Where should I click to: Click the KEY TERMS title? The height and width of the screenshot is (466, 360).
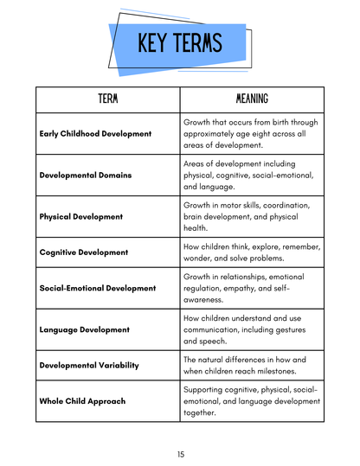179,42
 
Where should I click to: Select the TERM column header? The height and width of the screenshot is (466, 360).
108,99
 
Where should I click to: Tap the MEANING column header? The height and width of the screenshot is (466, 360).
252,99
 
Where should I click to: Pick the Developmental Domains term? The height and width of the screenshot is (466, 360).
86,176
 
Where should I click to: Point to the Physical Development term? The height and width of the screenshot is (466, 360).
81,217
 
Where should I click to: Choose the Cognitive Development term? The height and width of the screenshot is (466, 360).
84,252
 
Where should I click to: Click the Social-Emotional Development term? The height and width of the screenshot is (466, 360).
98,288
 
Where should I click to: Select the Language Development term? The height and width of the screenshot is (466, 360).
85,329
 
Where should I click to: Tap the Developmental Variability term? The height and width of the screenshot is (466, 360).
89,365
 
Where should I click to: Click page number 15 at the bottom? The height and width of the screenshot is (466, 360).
180,454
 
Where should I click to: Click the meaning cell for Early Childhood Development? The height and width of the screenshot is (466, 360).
252,134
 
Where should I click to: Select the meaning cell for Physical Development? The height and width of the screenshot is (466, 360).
252,217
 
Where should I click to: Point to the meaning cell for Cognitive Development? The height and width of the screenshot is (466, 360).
252,252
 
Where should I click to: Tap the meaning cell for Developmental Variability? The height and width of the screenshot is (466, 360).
252,365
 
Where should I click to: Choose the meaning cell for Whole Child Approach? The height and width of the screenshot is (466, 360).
252,401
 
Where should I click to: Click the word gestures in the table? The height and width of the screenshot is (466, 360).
297,329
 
